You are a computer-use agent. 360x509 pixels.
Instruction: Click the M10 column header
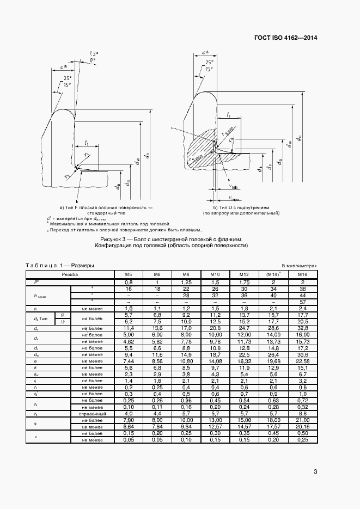tap(215, 275)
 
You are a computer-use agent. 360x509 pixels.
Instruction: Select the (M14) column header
tap(273, 275)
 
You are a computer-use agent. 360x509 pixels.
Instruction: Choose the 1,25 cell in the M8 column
tap(186, 282)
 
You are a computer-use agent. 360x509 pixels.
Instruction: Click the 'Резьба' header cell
tap(70, 275)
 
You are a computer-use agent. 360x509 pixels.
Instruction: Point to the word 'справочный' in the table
tap(92, 414)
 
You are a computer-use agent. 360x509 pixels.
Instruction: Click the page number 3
tap(315, 471)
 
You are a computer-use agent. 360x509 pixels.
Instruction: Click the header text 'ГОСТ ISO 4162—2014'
tap(285, 38)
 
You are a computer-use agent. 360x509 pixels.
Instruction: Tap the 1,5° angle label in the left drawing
tap(94, 53)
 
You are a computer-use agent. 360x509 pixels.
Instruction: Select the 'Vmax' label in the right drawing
tap(235, 198)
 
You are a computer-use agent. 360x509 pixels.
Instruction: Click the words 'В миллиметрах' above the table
tap(299, 266)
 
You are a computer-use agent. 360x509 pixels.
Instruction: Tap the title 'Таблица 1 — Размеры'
tap(60, 265)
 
